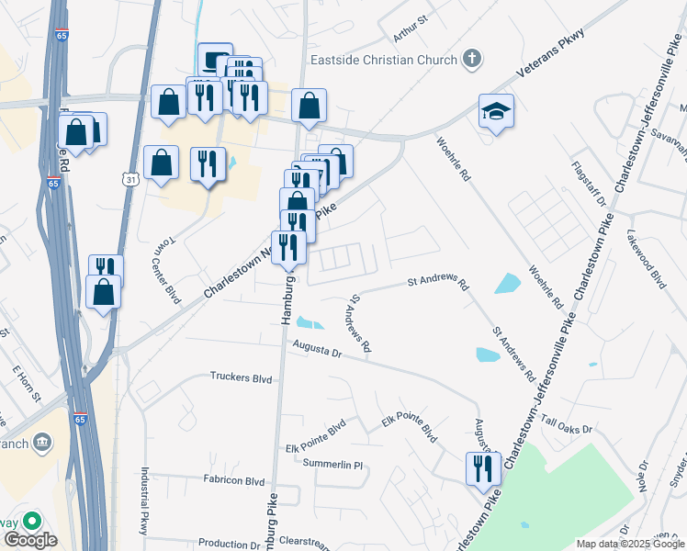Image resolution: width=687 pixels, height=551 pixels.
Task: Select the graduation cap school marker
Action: coord(496,112)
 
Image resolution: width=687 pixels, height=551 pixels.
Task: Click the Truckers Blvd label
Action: coord(242,377)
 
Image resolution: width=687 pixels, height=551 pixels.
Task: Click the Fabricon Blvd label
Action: coord(233,481)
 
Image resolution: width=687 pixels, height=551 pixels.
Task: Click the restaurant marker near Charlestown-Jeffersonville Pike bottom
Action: coord(482,469)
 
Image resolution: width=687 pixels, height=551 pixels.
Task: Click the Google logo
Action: coord(30,540)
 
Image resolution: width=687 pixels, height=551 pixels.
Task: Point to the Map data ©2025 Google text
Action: coord(630,544)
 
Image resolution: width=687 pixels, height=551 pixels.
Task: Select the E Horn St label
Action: coord(27,384)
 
